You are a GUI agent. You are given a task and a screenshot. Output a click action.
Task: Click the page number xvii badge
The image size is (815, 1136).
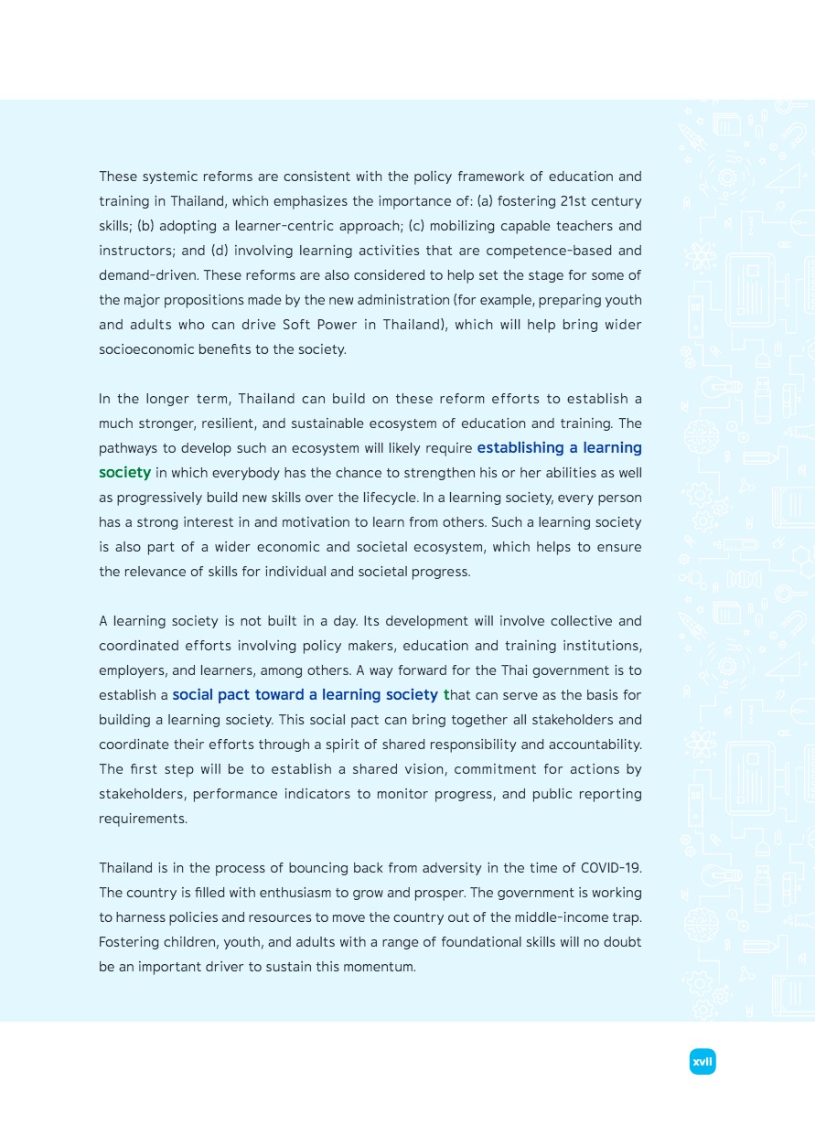702,1062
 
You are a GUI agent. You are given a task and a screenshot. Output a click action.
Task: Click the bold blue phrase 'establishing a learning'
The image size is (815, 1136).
559,448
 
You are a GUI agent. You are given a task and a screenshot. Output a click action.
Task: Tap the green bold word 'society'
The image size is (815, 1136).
124,473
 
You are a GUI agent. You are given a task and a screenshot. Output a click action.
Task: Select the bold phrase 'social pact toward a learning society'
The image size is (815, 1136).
305,695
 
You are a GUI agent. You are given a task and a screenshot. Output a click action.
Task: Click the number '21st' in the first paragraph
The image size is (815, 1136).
574,201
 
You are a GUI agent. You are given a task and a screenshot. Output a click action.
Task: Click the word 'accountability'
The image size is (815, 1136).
596,745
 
